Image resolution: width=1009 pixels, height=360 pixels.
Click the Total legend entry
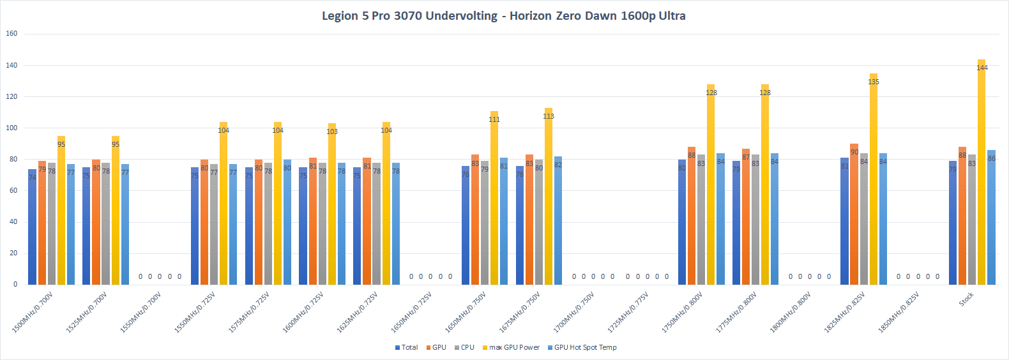(406, 347)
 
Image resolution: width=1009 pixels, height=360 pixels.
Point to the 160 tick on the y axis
(11, 34)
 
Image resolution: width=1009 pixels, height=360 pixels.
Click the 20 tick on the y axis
(13, 253)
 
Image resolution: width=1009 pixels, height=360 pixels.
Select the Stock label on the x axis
(966, 299)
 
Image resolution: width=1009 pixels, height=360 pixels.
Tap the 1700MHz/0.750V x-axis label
(573, 312)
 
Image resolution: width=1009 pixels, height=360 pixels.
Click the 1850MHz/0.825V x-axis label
(898, 312)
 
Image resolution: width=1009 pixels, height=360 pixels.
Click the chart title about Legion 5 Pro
(503, 16)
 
